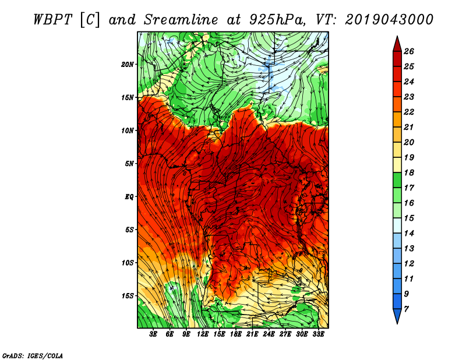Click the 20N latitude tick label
tap(127, 64)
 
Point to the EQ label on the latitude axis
tap(129, 196)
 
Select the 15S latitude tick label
tap(128, 296)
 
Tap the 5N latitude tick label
tap(129, 164)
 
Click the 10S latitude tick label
tap(128, 263)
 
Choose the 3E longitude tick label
tap(153, 334)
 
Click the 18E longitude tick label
tap(236, 334)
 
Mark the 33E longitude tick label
tap(318, 334)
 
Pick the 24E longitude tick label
tap(269, 334)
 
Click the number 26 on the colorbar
tap(409, 51)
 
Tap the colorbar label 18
tap(409, 172)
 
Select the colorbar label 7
tap(406, 309)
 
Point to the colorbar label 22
tap(409, 112)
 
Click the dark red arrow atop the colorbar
tap(397, 44)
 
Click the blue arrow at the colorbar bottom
tap(397, 316)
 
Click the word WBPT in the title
tap(52, 20)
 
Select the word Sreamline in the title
tap(181, 20)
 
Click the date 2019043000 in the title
tap(389, 20)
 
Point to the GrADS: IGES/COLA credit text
tap(33, 355)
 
